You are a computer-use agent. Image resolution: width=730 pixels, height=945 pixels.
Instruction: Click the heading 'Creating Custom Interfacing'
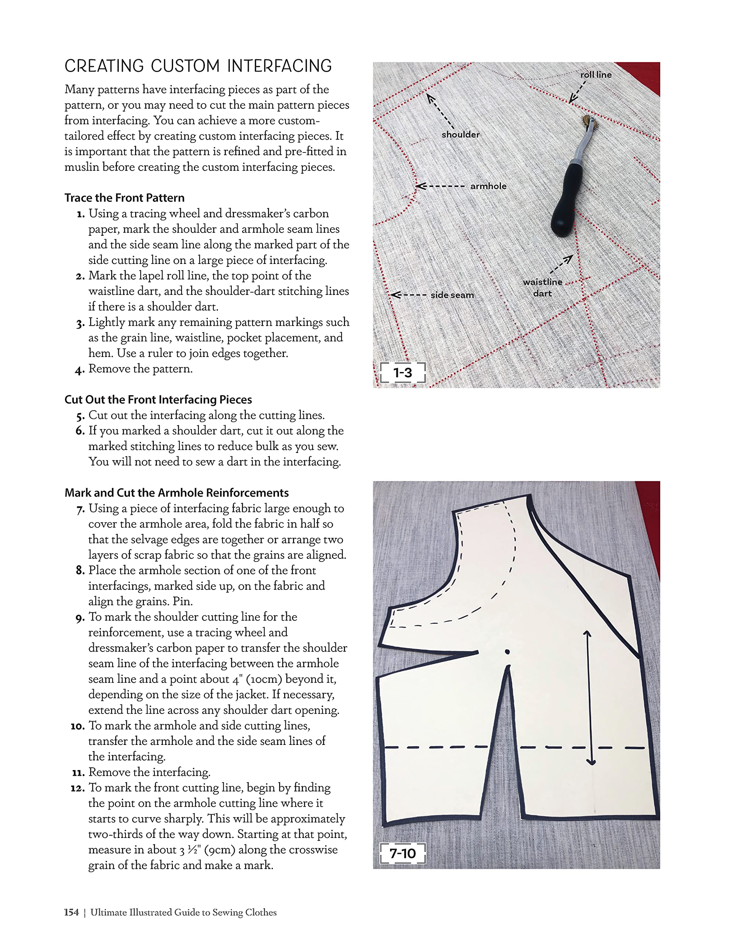tap(198, 66)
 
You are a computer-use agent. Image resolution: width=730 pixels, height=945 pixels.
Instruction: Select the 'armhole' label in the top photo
tap(488, 186)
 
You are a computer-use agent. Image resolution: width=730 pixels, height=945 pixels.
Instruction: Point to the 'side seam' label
tap(452, 295)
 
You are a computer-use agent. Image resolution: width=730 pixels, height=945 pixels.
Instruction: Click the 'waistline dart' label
tap(542, 287)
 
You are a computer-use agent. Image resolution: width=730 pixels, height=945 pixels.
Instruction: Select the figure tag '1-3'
tap(402, 372)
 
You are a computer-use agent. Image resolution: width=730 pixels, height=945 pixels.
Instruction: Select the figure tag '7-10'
tap(402, 854)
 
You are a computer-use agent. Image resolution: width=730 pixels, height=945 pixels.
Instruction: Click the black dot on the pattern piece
tap(507, 652)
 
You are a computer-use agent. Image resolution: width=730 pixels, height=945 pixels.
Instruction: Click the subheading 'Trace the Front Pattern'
tap(124, 198)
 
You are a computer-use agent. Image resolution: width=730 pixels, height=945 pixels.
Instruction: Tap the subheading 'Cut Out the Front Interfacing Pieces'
tap(158, 399)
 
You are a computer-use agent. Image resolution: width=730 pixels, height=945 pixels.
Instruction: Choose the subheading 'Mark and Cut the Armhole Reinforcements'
tap(176, 493)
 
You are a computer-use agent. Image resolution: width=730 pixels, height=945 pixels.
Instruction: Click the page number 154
tap(71, 912)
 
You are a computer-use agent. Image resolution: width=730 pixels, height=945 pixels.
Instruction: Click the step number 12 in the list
tap(78, 788)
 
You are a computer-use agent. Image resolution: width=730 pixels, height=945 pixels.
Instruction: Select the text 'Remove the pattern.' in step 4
tap(140, 369)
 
